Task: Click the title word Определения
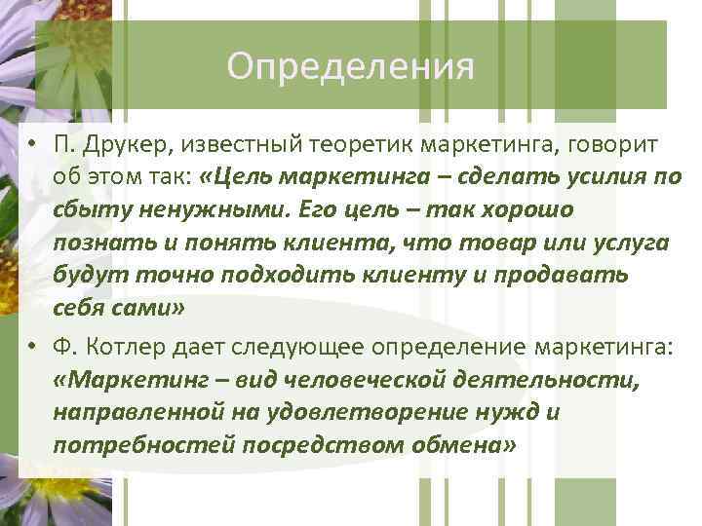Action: tap(350, 67)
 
